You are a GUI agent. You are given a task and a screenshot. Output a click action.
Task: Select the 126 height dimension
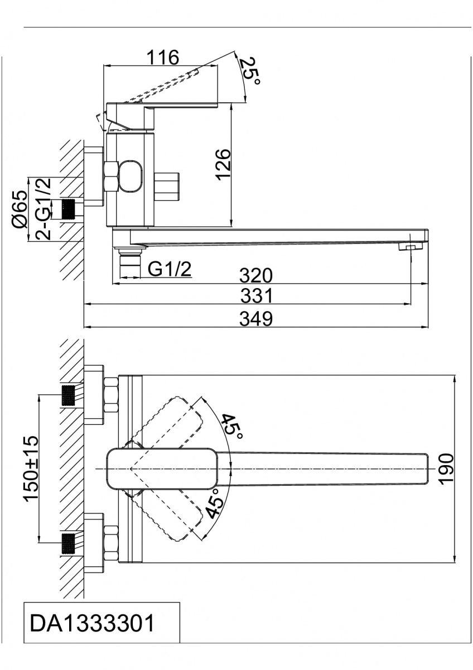pos(224,165)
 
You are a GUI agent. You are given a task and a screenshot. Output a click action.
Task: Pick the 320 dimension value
pos(256,275)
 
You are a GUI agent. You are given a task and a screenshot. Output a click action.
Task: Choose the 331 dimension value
pos(257,295)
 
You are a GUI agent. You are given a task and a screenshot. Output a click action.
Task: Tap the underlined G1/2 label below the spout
pos(170,270)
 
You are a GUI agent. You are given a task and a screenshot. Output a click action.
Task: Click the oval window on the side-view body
pos(131,175)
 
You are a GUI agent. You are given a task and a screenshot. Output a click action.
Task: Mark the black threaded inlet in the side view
pos(69,209)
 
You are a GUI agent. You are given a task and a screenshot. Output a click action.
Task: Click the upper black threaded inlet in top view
pos(68,395)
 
